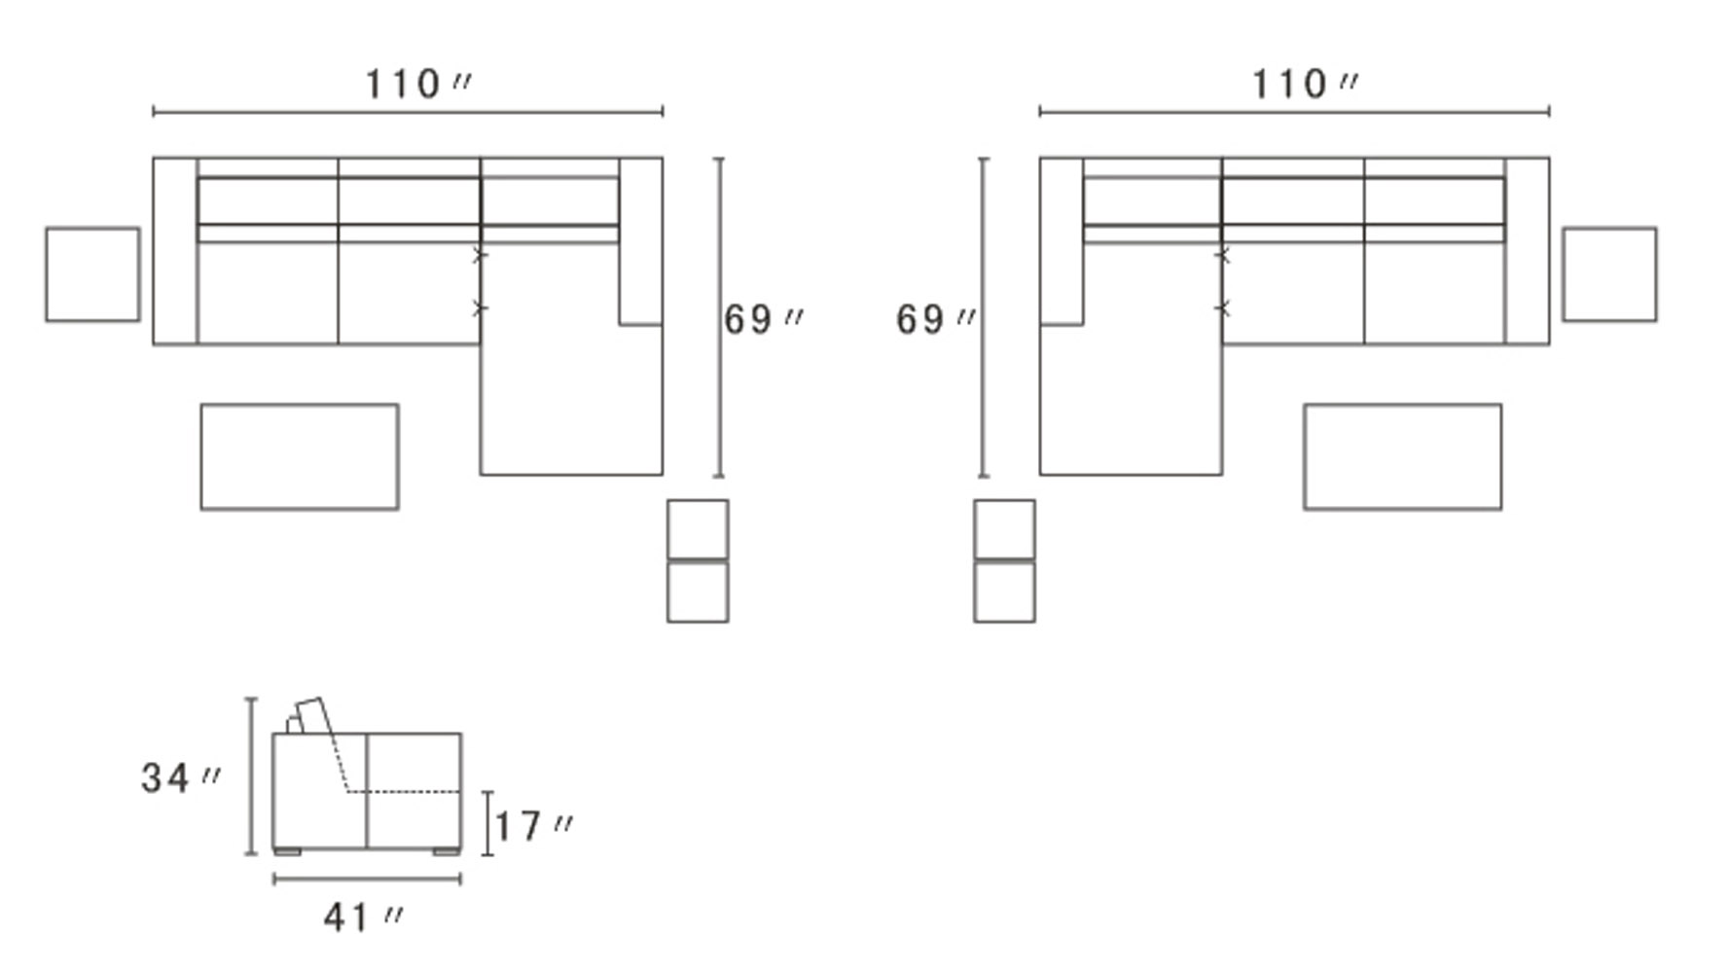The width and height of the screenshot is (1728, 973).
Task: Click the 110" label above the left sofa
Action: (x=418, y=85)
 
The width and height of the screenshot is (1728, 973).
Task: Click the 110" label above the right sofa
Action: (x=1305, y=85)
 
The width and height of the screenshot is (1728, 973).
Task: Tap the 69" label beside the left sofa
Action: (x=764, y=319)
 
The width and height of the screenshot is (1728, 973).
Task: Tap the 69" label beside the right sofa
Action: (x=936, y=319)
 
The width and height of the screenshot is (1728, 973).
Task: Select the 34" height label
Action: (x=181, y=777)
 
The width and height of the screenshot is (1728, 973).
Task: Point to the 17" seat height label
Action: (x=534, y=827)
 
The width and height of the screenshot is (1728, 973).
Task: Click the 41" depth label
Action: (x=363, y=917)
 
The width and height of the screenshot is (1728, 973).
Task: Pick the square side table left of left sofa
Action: (x=92, y=274)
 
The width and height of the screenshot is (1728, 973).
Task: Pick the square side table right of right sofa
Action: (x=1609, y=274)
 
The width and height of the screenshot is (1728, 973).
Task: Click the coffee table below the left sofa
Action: (x=300, y=456)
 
